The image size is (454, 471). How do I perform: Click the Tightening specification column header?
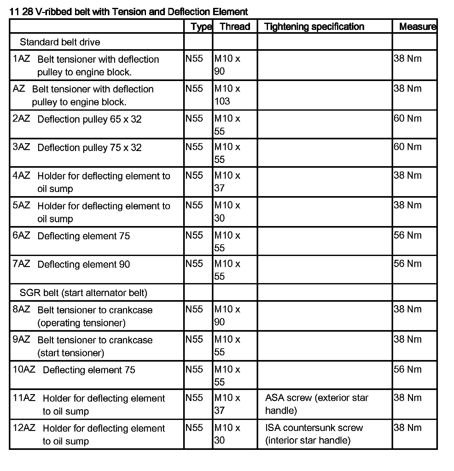[x=314, y=26]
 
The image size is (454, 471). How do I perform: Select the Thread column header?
[x=235, y=26]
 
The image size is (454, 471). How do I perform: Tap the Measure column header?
[x=417, y=26]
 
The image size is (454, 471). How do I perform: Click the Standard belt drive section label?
[x=60, y=42]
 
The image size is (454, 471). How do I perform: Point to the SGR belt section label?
[x=83, y=293]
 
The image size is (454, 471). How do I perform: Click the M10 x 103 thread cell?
[x=227, y=95]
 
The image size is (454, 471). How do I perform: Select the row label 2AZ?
[x=21, y=119]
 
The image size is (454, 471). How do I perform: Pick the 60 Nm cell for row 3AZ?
[x=407, y=147]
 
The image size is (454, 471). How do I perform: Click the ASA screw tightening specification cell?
[x=317, y=404]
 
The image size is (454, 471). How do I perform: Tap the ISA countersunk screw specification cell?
[x=314, y=434]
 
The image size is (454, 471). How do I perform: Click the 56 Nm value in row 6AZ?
[x=407, y=235]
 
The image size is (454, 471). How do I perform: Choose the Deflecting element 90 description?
[x=84, y=265]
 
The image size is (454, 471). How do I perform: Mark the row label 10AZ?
[x=24, y=369]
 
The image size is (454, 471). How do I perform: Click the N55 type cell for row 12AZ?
[x=194, y=428]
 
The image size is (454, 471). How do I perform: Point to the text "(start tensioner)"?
[x=71, y=353]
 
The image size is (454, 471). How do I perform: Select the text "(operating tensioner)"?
[x=81, y=323]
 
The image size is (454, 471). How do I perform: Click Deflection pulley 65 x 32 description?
[x=90, y=119]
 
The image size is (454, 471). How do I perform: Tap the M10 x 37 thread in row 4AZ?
[x=227, y=182]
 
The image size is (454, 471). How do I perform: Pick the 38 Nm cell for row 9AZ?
[x=407, y=340]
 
